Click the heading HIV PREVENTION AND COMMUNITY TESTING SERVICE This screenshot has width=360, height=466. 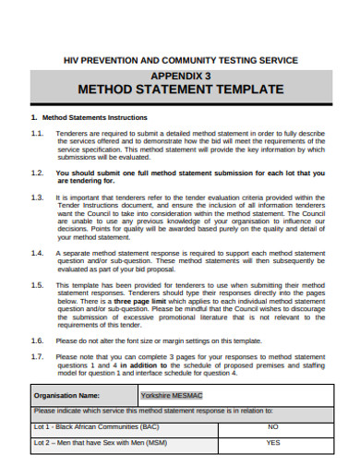pos(180,60)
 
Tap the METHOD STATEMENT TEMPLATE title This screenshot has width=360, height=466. pos(180,90)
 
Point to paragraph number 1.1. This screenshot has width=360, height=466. pos(37,133)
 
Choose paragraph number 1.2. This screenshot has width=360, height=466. pos(37,173)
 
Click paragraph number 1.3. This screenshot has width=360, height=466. pos(37,197)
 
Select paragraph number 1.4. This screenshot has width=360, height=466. pos(37,252)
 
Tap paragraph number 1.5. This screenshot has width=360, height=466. pos(37,286)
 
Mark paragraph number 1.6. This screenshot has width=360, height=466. pos(37,341)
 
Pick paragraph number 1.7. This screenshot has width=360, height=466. pos(37,355)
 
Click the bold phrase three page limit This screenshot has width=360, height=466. pos(138,301)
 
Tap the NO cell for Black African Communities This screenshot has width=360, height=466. pos(273,427)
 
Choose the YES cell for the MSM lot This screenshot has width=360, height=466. pos(273,443)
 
